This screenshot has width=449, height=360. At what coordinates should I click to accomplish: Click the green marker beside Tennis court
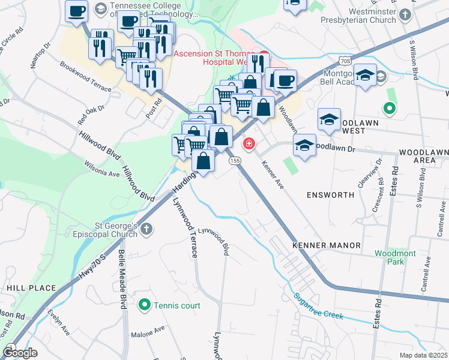coord(144,305)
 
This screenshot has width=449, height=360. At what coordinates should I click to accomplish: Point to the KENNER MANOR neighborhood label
coord(327,245)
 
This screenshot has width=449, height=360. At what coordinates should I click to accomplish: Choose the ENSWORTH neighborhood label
coord(331,195)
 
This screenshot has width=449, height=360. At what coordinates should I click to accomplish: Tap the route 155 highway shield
coord(235,161)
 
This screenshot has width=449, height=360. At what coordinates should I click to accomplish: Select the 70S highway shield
coord(345,61)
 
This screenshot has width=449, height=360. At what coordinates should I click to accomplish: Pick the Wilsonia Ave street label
coord(102,169)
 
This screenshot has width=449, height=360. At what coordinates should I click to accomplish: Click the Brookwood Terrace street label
coord(85,76)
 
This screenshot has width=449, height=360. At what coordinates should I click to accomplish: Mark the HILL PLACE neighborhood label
coord(23,288)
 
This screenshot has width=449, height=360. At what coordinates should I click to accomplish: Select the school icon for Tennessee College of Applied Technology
coord(101,9)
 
